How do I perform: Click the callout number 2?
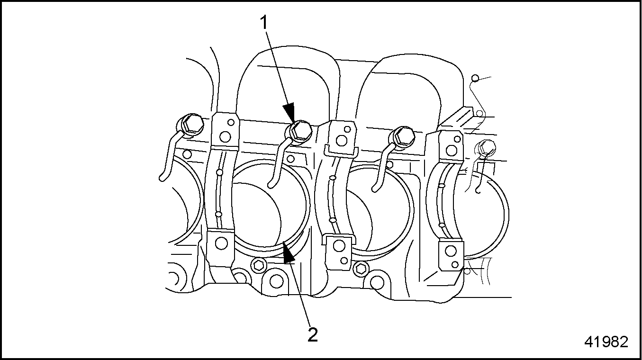pyautogui.click(x=313, y=334)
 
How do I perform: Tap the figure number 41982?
pyautogui.click(x=606, y=342)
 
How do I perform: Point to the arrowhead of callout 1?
pyautogui.click(x=289, y=113)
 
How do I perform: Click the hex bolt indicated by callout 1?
pyautogui.click(x=300, y=132)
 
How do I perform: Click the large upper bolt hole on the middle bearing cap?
pyautogui.click(x=341, y=140)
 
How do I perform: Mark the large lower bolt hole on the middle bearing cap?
pyautogui.click(x=339, y=246)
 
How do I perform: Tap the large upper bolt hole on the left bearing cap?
pyautogui.click(x=225, y=136)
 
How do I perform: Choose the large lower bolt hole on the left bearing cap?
pyautogui.click(x=221, y=243)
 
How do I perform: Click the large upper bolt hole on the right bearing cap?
pyautogui.click(x=452, y=151)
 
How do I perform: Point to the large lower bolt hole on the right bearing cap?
pyautogui.click(x=451, y=251)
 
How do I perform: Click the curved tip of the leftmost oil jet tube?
pyautogui.click(x=163, y=178)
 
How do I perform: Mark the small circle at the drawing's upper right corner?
pyautogui.click(x=475, y=78)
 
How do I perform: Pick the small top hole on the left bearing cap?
pyautogui.click(x=231, y=122)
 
